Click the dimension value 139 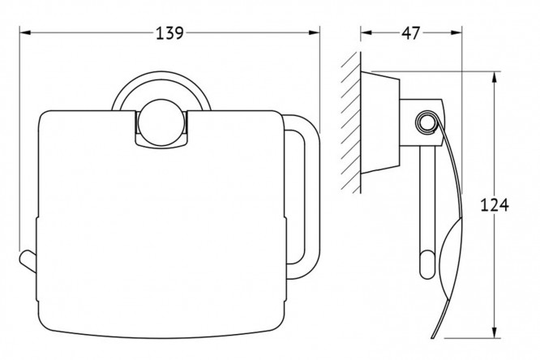tap(169, 33)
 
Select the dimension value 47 tap(411, 33)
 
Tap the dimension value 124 tap(495, 205)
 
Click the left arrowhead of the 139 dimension tap(25, 32)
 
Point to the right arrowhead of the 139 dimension tap(314, 32)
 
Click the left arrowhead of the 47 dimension tap(366, 32)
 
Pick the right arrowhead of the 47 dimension tap(456, 32)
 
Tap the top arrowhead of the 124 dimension tap(495, 78)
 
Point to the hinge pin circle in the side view tap(426, 122)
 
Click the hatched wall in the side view tap(351, 122)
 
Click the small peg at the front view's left tap(28, 262)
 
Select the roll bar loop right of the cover tap(311, 197)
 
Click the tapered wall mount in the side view tap(380, 122)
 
